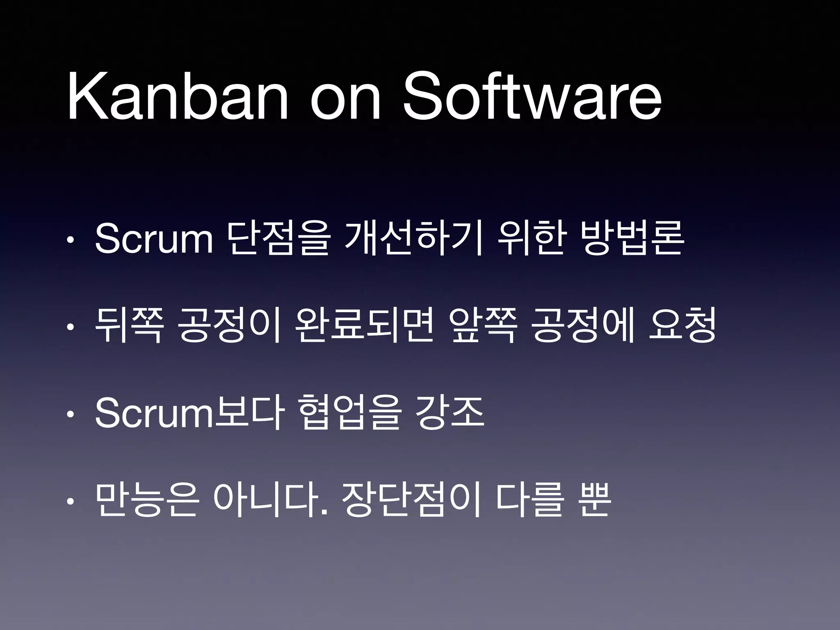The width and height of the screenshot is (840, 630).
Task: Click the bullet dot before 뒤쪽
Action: [71, 327]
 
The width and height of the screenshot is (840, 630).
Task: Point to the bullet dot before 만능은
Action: [71, 501]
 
